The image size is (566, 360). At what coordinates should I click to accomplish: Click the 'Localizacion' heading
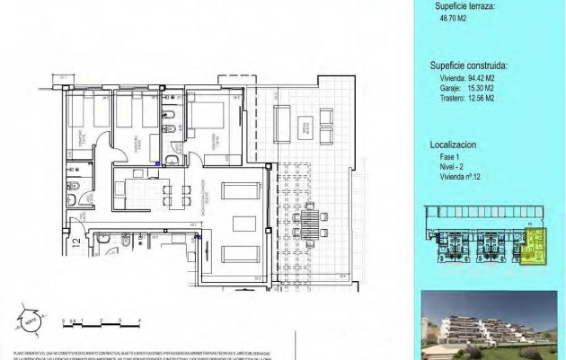(453, 143)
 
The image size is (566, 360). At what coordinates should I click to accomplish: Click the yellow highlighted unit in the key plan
(536, 246)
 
